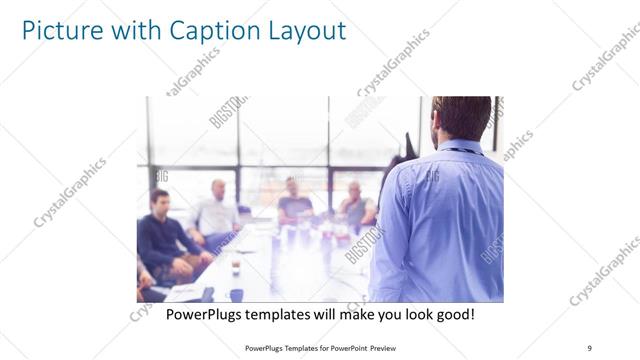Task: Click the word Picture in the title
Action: (61, 29)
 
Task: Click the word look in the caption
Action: (405, 315)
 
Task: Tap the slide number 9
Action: (590, 347)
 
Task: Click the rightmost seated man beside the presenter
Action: (356, 207)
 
